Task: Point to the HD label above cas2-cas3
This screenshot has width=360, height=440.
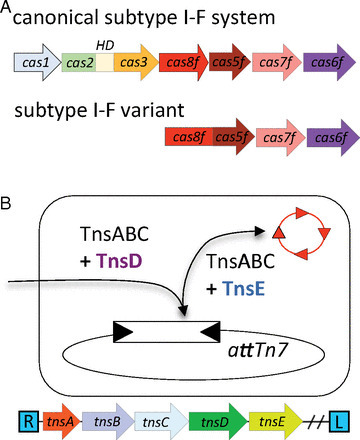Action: click(x=103, y=44)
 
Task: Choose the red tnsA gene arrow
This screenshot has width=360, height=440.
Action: click(x=61, y=415)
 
